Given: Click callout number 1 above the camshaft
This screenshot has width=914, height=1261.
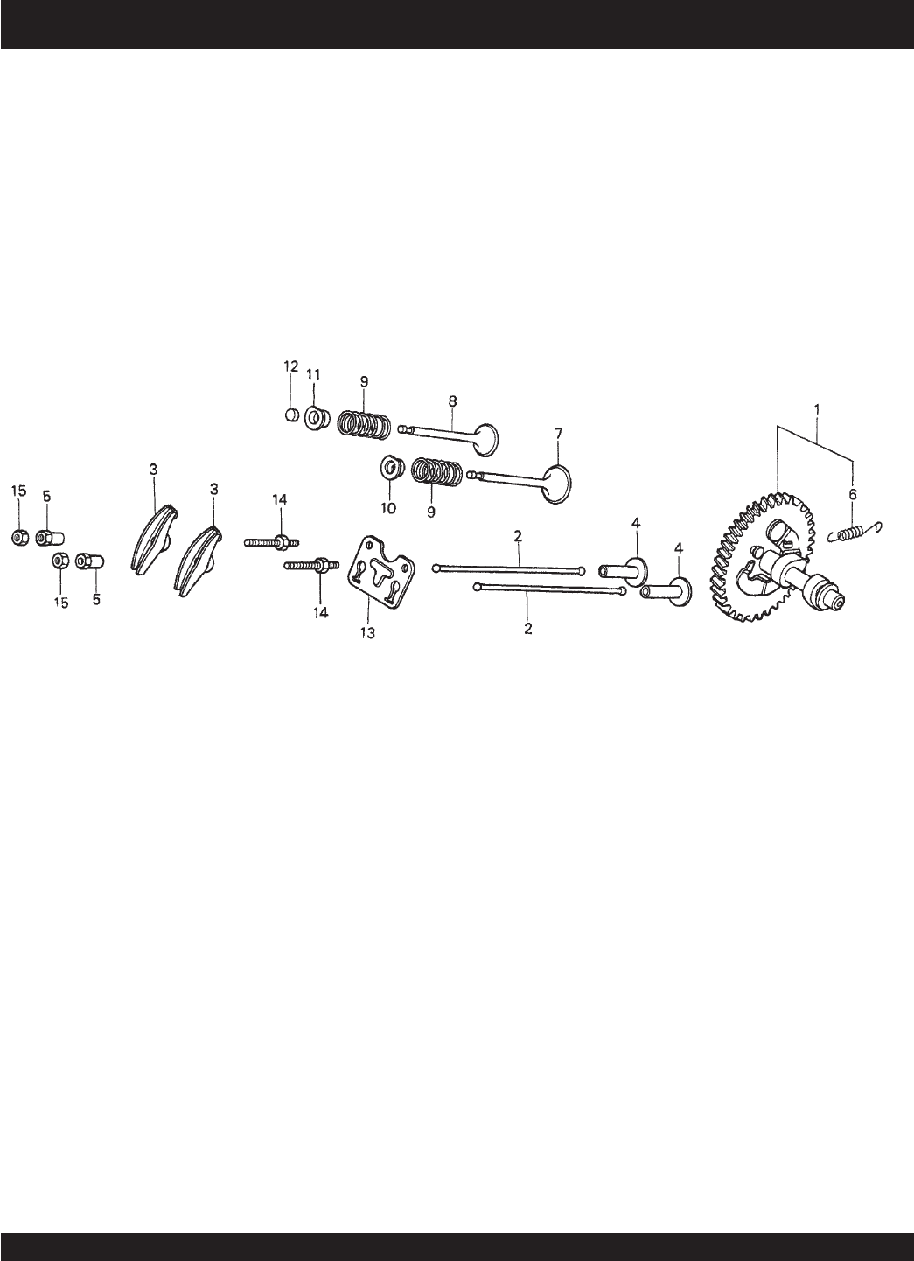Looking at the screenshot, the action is pos(817,408).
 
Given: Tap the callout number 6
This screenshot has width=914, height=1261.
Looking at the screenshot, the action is pos(852,494).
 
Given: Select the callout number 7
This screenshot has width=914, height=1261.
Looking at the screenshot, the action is pos(558,434).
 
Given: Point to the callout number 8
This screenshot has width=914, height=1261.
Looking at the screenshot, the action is pos(452,401).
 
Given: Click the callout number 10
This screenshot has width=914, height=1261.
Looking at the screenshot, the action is pos(388,508).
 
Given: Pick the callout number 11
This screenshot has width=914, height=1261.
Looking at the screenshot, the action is pos(313,373).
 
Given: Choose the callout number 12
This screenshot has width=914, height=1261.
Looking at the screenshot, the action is pos(290,366).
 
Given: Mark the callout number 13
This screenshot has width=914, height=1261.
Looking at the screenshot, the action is pos(367,633).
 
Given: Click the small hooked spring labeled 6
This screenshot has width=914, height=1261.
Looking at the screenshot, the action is pos(856,532).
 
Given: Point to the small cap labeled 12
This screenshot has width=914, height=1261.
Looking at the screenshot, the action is pos(291,415).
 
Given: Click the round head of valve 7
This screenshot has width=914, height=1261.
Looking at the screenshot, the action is pos(556,483).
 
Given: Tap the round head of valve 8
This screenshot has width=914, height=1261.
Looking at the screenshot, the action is pos(485,440).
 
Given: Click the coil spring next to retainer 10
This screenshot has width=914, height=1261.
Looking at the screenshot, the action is pos(437,471).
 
